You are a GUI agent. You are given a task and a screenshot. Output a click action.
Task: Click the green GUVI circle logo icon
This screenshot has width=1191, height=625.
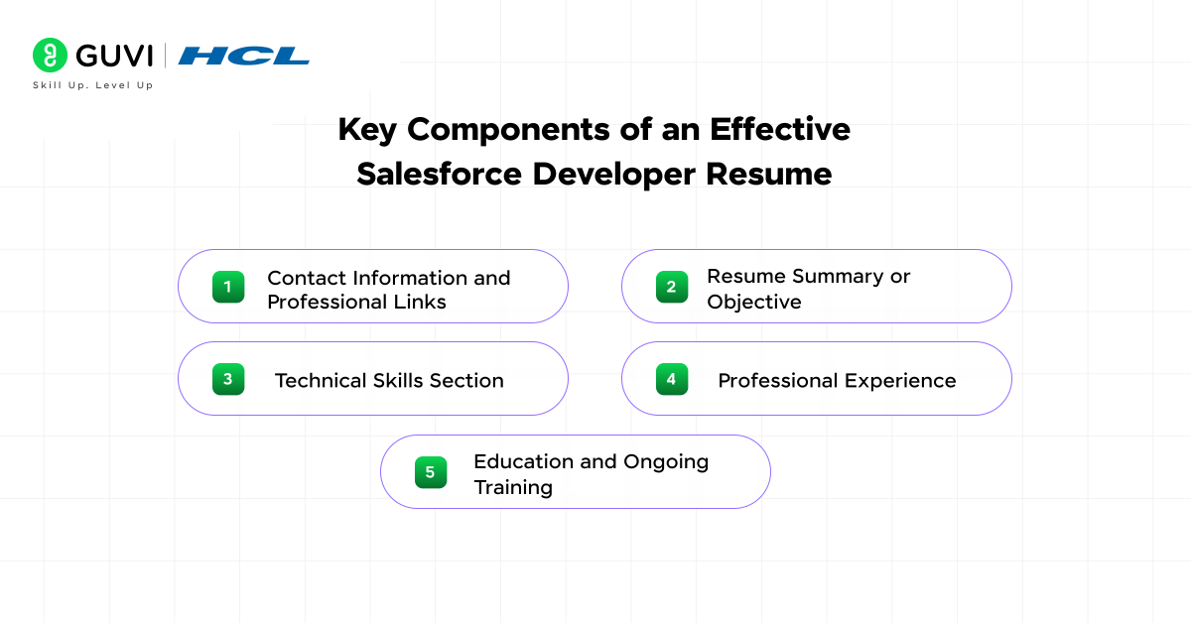click(50, 55)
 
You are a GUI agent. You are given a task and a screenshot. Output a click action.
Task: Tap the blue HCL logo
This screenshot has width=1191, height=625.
click(243, 56)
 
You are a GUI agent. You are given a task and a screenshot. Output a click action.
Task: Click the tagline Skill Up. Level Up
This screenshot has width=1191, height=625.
click(93, 85)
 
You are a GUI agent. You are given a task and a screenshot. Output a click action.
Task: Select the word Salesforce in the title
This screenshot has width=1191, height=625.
click(439, 174)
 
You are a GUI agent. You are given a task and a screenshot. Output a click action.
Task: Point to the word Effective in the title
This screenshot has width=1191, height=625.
click(780, 129)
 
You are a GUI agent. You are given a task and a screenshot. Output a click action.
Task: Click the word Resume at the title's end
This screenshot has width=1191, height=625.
click(769, 174)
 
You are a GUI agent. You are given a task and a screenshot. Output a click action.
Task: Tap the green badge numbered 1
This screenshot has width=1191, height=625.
click(228, 287)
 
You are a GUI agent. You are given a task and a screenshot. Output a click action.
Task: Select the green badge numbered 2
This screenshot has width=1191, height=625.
click(672, 287)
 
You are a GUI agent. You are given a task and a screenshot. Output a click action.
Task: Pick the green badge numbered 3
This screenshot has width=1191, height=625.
click(228, 379)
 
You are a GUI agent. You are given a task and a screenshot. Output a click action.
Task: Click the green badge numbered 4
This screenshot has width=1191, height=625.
click(672, 379)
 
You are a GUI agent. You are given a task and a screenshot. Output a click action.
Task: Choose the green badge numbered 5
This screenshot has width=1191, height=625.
click(431, 472)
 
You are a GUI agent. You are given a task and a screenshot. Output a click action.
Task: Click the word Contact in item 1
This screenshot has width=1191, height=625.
click(307, 278)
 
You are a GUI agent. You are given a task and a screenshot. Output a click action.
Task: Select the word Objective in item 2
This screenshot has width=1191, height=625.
click(754, 303)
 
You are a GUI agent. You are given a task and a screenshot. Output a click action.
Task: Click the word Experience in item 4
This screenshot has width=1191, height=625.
click(900, 381)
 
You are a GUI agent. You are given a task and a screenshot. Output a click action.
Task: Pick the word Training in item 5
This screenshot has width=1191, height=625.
click(513, 488)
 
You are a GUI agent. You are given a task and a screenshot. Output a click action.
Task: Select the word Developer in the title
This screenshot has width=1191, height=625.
click(613, 174)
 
